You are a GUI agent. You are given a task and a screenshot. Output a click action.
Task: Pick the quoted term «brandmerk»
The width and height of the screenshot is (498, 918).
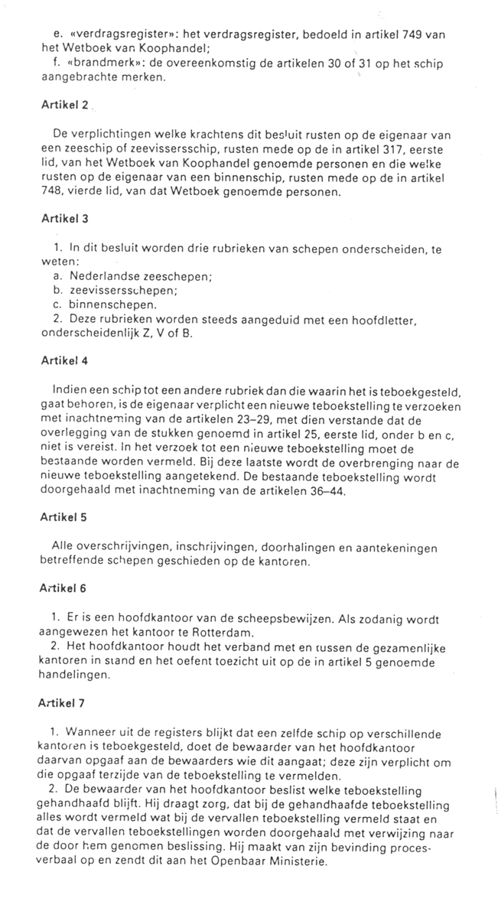[99, 64]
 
